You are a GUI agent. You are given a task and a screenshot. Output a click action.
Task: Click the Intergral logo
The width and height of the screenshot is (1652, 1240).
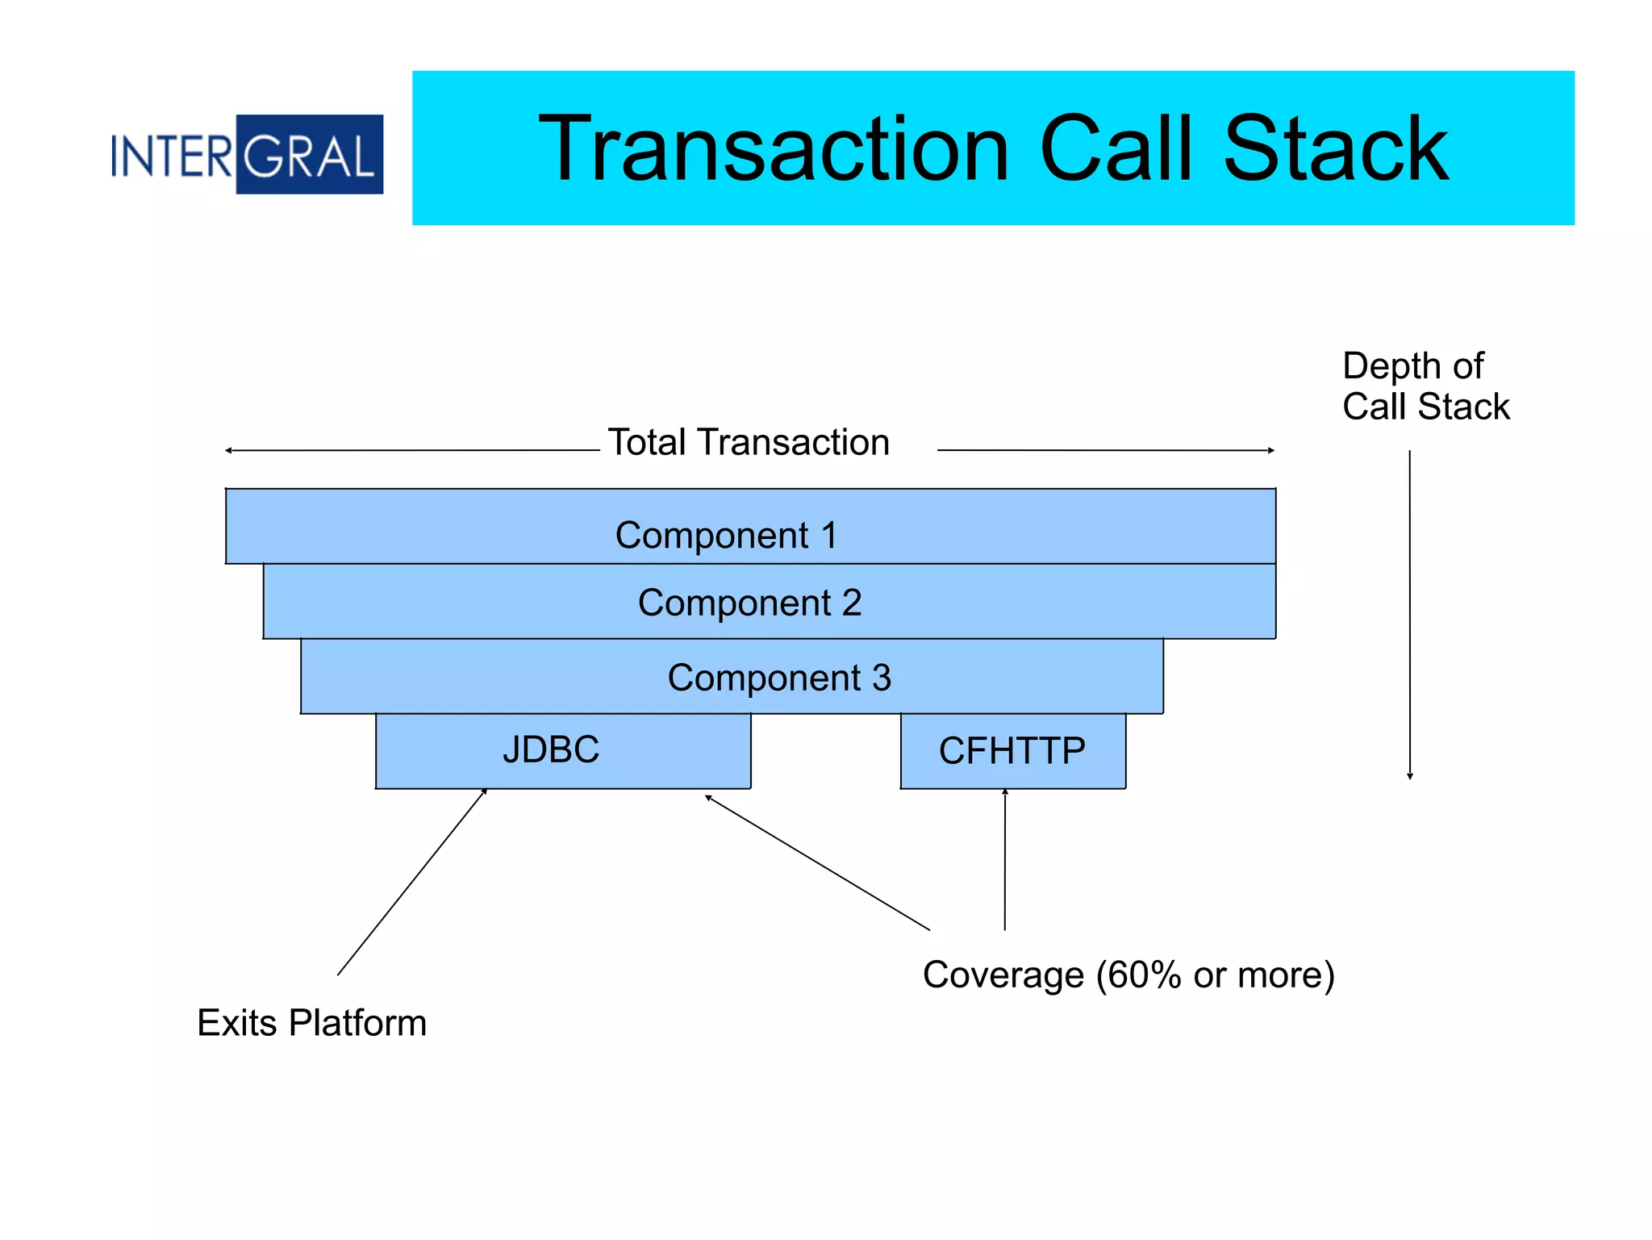point(247,154)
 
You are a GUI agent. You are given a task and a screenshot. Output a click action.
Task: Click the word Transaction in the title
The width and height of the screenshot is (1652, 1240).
point(773,150)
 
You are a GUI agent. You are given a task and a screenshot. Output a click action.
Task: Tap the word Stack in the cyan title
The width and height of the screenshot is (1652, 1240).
point(1335,150)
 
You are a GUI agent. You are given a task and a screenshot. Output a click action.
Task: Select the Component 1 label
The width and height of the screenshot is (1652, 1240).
point(726,536)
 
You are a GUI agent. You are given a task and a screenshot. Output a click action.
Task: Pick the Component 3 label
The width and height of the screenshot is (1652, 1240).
point(779,678)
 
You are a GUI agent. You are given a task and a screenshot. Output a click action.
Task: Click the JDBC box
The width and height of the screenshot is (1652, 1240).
point(562,750)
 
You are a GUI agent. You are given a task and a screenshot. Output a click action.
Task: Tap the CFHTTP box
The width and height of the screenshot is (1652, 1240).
point(1012,751)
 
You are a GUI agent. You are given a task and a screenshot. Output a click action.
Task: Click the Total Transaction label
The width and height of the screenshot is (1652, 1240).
point(748,443)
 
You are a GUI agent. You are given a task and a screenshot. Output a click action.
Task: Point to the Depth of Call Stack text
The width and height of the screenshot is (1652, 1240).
point(1425,386)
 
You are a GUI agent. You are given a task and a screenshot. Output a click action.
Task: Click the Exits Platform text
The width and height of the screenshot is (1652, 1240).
point(311,1023)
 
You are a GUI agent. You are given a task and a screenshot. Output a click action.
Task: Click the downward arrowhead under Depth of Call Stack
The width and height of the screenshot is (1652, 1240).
point(1410,776)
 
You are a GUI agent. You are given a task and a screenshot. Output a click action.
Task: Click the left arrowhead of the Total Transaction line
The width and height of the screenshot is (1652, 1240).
point(230,450)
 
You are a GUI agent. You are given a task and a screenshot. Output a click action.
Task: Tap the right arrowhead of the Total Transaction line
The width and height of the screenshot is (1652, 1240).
point(1270,450)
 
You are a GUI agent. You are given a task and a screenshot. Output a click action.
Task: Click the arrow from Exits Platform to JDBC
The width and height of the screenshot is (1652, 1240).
point(411,883)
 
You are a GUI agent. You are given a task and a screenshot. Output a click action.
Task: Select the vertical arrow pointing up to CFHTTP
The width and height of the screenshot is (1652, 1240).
point(1005,860)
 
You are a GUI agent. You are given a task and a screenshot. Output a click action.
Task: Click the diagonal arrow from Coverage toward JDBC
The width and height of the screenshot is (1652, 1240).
point(817,862)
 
